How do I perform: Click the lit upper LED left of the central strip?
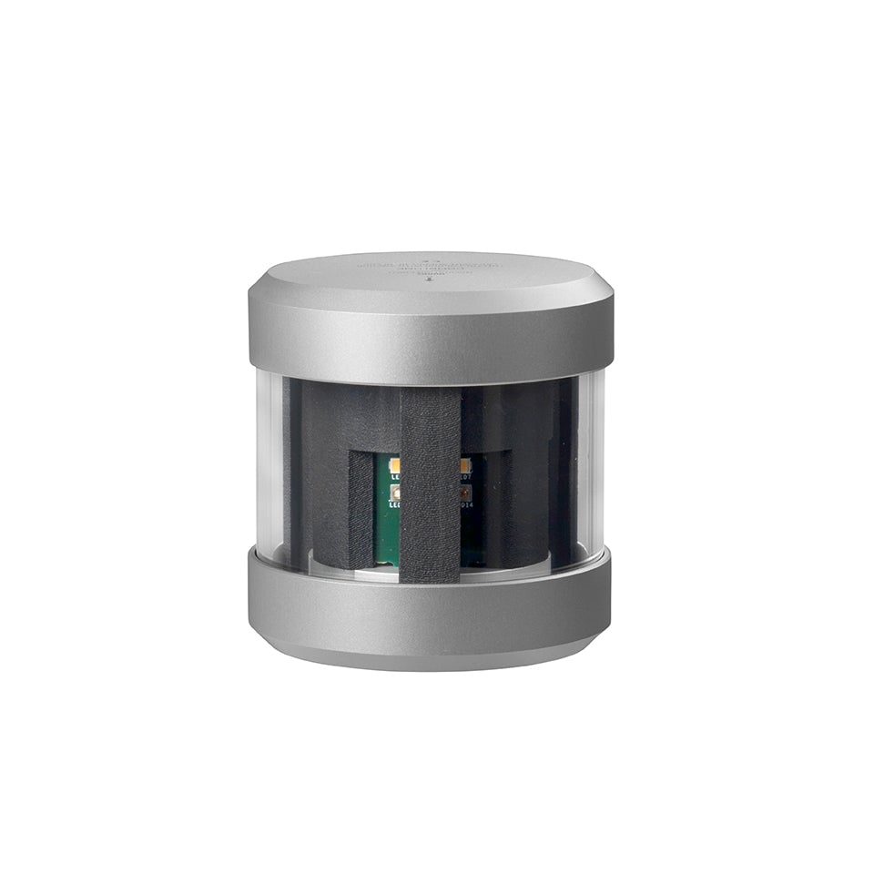(393, 464)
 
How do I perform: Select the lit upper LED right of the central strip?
(462, 464)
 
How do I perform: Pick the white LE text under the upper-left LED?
(393, 475)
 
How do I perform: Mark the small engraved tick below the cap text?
(429, 281)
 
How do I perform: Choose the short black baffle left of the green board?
(361, 510)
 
